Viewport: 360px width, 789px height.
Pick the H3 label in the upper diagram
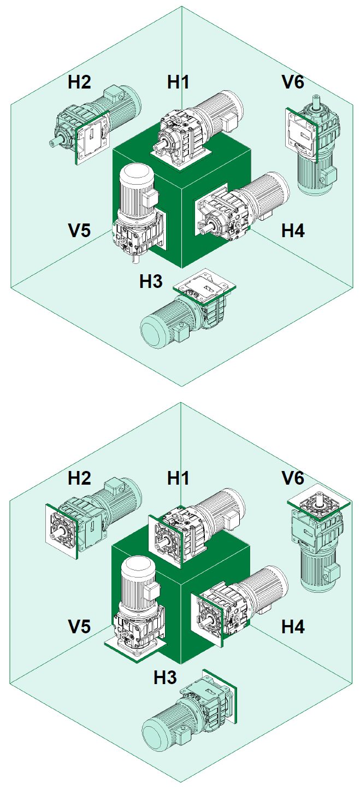[x=151, y=282]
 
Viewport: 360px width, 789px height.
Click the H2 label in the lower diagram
[x=79, y=478]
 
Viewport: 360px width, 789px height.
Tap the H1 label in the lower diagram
[x=178, y=478]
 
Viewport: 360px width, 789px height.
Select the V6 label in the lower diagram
[x=293, y=478]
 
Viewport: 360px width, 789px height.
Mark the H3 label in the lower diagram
[x=165, y=678]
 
